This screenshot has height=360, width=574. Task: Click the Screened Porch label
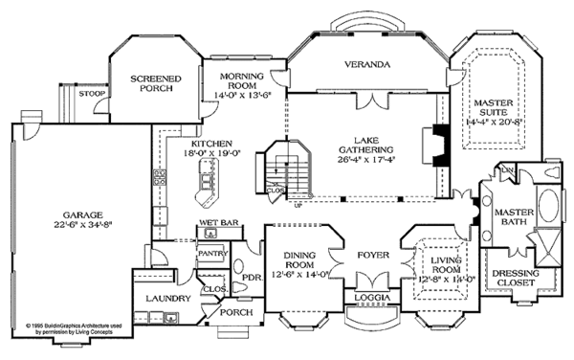(x=150, y=85)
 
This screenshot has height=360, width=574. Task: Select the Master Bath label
(x=509, y=219)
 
